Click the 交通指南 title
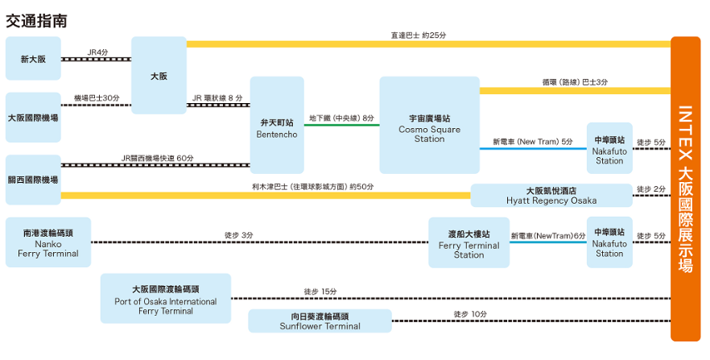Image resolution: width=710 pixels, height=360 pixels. point(36,19)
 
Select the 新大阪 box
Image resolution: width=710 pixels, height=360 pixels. point(33,59)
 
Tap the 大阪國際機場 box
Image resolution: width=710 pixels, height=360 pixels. point(33,117)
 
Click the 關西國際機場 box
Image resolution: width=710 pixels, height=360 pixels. point(33,179)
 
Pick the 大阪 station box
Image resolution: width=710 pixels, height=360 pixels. point(159,76)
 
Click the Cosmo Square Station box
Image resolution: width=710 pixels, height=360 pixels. point(429,126)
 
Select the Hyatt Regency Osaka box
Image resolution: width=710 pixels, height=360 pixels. point(551,195)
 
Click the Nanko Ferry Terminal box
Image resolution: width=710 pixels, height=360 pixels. point(48,242)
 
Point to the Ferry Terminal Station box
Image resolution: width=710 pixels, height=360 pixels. point(469,242)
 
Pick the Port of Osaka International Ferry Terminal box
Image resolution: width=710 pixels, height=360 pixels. point(166,299)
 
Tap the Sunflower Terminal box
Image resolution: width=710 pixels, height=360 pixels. point(320,321)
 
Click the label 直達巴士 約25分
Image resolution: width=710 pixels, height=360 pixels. point(419,35)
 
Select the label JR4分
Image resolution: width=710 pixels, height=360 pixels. point(97,52)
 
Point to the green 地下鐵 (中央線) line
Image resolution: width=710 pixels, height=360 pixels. point(341,125)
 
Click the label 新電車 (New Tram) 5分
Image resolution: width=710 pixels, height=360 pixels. point(532,142)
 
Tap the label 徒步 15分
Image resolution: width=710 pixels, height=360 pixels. point(320,292)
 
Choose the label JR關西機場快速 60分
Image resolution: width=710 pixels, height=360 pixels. point(157,158)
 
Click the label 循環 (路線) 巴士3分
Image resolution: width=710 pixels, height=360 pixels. point(575,82)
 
